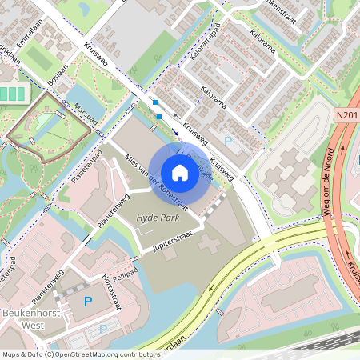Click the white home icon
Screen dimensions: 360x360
click(x=180, y=172)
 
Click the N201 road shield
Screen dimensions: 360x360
click(x=346, y=117)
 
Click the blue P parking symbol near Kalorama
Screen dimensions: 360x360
click(x=228, y=142)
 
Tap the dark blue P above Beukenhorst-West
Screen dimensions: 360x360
click(x=88, y=302)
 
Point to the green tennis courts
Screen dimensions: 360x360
click(x=12, y=94)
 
